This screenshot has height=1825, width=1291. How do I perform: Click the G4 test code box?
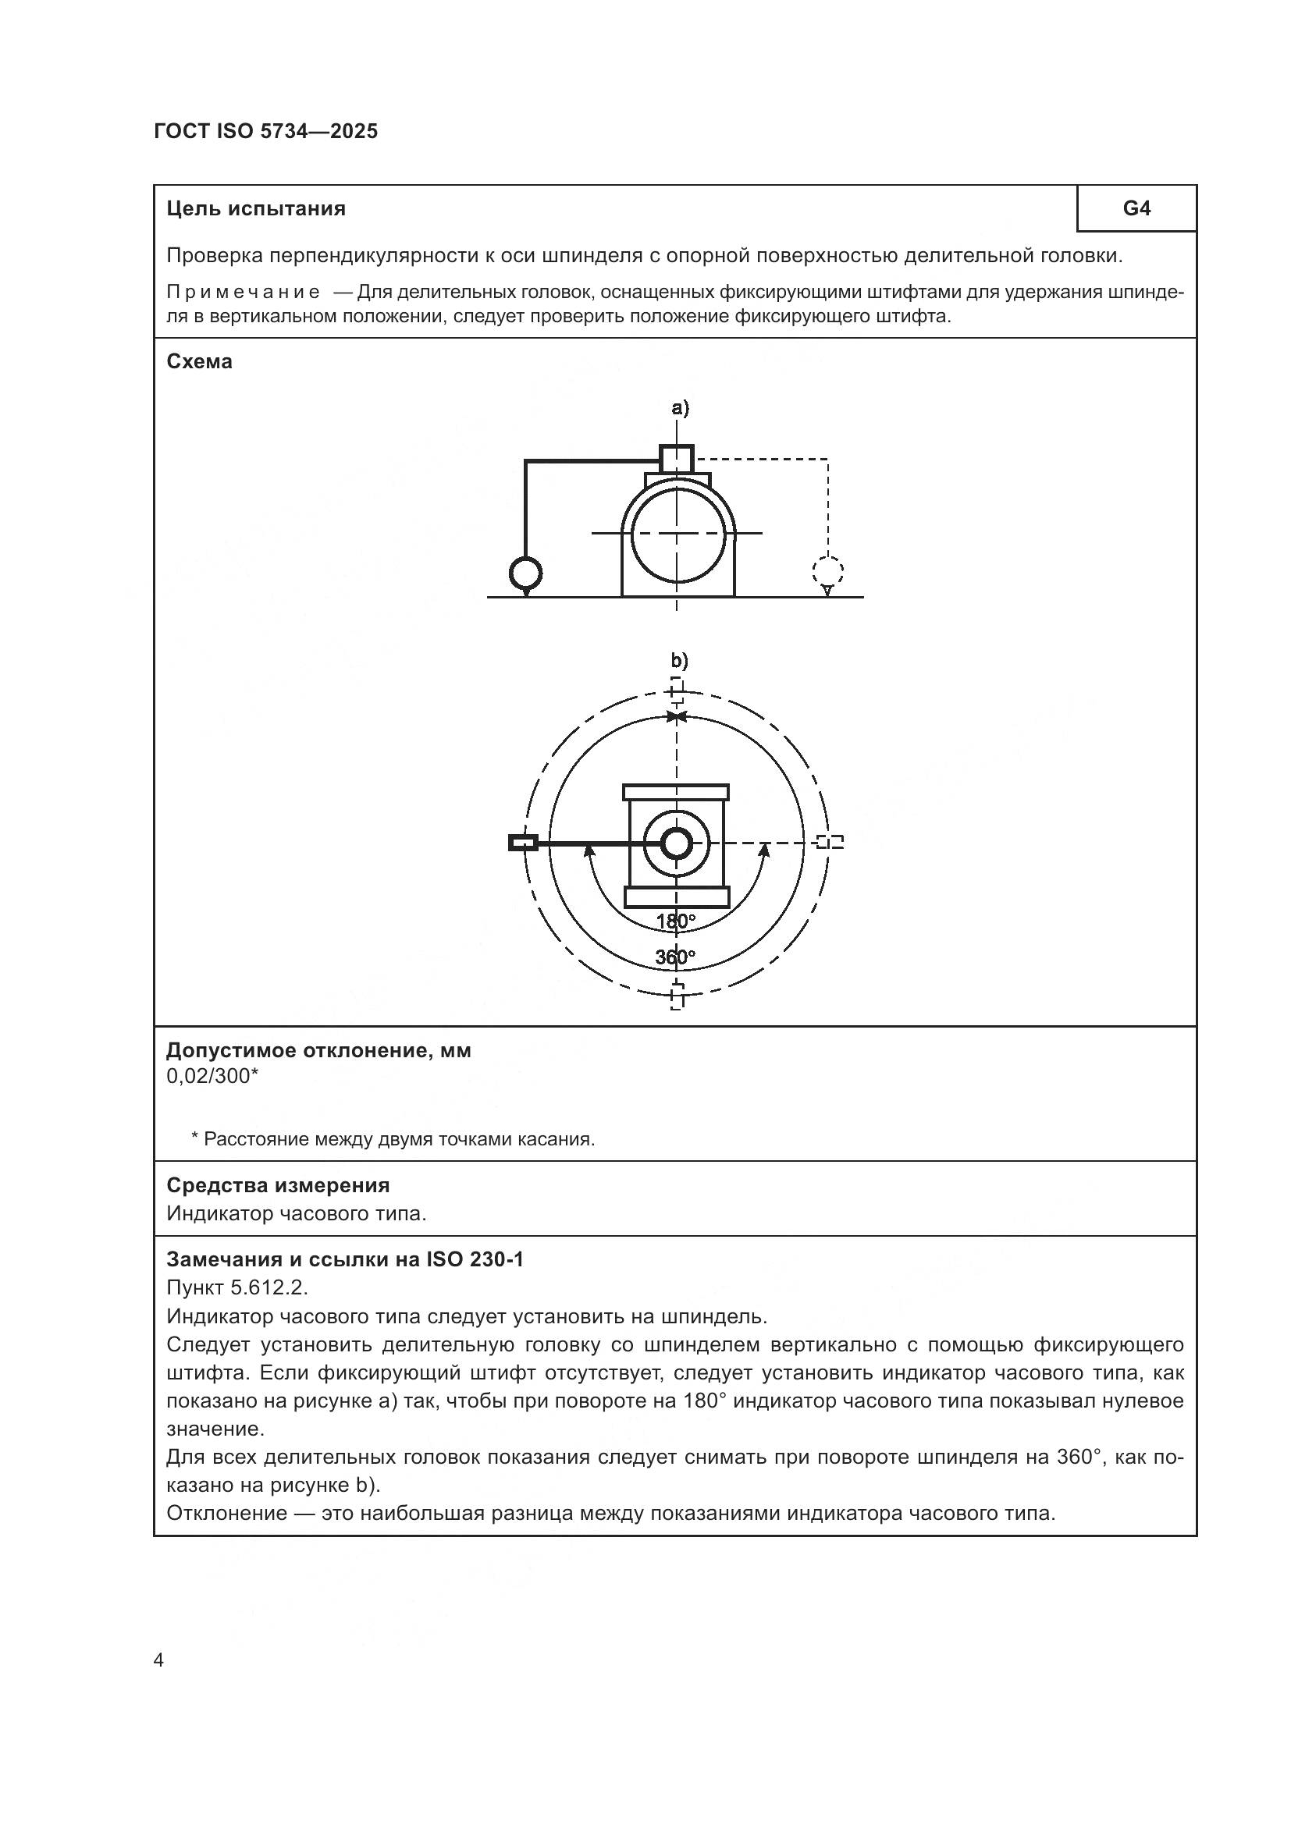pyautogui.click(x=1136, y=208)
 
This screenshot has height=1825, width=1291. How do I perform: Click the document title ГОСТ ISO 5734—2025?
pyautogui.click(x=265, y=131)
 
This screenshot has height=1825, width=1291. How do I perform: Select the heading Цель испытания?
pyautogui.click(x=256, y=209)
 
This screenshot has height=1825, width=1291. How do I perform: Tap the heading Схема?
pyautogui.click(x=200, y=362)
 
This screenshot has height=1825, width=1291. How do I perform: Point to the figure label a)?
pyautogui.click(x=680, y=408)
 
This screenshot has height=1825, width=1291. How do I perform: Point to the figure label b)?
pyautogui.click(x=679, y=661)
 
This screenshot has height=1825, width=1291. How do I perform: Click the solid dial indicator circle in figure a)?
pyautogui.click(x=525, y=572)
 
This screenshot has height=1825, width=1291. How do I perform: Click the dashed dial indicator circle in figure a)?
pyautogui.click(x=827, y=570)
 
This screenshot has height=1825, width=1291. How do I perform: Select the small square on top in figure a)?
pyautogui.click(x=677, y=459)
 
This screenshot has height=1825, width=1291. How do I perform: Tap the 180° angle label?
pyautogui.click(x=675, y=921)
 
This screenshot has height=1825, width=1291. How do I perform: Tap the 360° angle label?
pyautogui.click(x=675, y=957)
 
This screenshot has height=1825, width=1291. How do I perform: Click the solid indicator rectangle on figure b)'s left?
pyautogui.click(x=523, y=843)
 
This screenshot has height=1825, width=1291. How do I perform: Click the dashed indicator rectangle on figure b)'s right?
pyautogui.click(x=830, y=842)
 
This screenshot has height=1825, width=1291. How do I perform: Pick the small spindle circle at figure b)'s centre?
pyautogui.click(x=677, y=843)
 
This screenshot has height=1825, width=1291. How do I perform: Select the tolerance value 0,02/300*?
pyautogui.click(x=212, y=1076)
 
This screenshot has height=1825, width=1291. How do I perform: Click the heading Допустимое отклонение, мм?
pyautogui.click(x=318, y=1051)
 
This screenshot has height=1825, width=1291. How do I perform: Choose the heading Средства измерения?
pyautogui.click(x=277, y=1185)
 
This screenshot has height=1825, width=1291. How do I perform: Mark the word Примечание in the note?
pyautogui.click(x=244, y=293)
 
